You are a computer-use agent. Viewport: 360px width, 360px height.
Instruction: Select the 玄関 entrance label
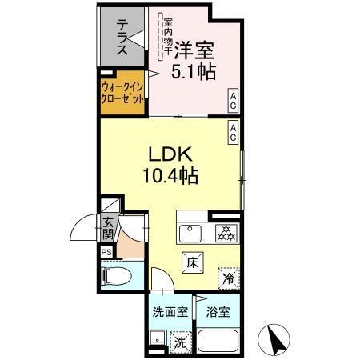point(107,229)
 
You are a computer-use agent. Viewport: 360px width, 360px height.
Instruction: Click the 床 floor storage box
point(193,262)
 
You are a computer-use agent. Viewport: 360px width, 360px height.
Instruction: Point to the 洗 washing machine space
point(182,341)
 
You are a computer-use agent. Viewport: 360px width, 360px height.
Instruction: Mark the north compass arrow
point(278,339)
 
